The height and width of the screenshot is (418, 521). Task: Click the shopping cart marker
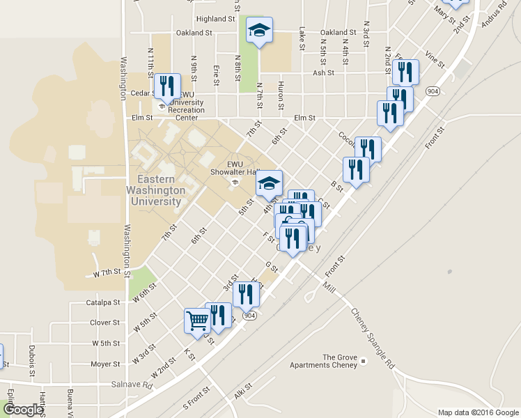[197, 321]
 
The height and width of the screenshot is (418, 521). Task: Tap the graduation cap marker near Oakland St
[260, 31]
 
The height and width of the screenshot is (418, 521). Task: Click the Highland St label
[216, 19]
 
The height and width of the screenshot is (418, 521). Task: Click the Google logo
[22, 410]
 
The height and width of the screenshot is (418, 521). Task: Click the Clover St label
[106, 323]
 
